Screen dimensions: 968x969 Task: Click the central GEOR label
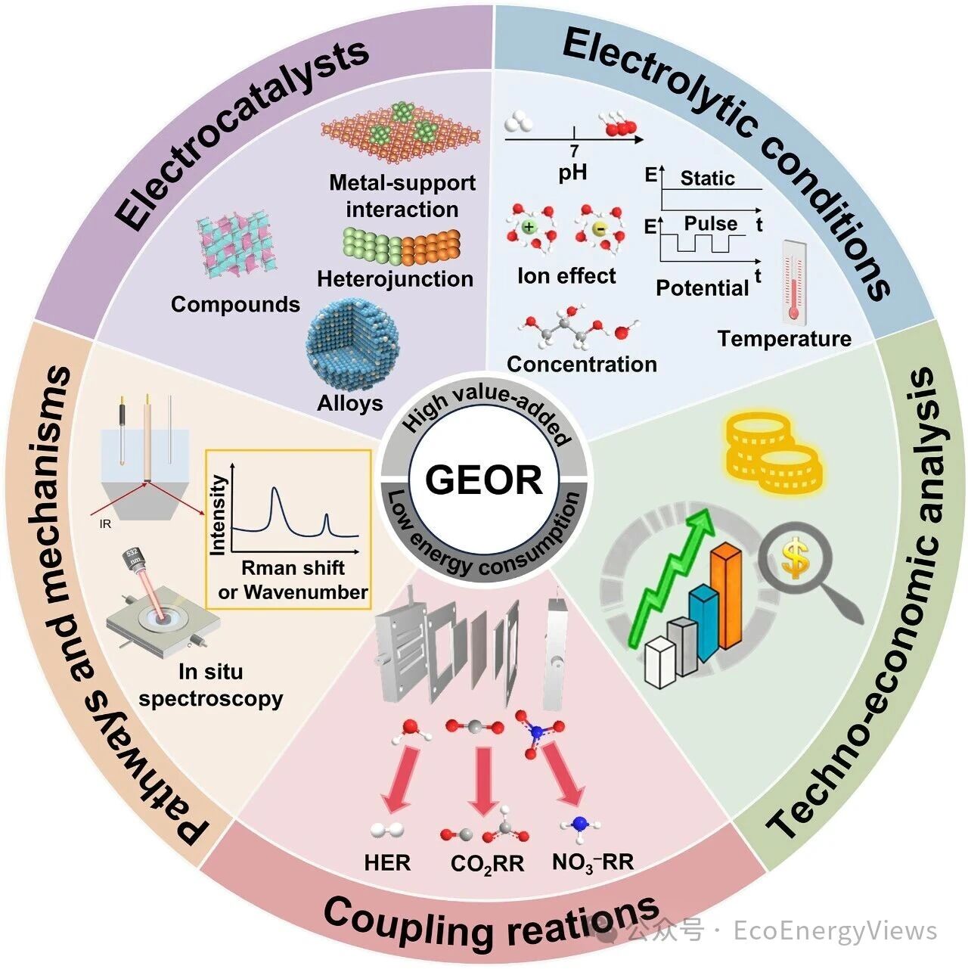click(484, 480)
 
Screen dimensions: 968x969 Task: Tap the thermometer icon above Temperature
click(793, 281)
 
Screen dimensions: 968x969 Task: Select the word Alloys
click(350, 403)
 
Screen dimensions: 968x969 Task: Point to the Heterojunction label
click(396, 279)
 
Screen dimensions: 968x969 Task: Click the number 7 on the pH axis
click(574, 151)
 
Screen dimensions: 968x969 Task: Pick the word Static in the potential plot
click(708, 178)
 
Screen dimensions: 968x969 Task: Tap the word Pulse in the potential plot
click(711, 223)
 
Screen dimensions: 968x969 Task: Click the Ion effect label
click(566, 275)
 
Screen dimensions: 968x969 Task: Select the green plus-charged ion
click(528, 227)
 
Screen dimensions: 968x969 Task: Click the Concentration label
click(582, 364)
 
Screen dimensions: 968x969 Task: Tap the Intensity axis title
click(219, 515)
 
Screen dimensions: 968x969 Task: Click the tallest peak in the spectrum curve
click(274, 489)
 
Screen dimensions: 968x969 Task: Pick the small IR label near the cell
click(105, 524)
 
